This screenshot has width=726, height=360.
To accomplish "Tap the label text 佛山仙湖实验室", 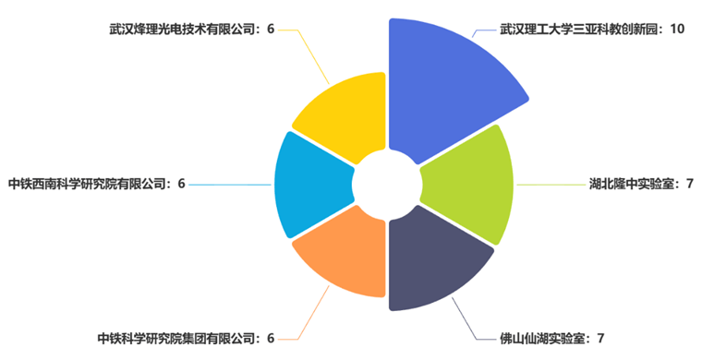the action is point(544,338).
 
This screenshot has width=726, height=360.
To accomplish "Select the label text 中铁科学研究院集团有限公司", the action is point(176,338).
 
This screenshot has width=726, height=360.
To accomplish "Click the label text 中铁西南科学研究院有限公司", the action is point(89,184).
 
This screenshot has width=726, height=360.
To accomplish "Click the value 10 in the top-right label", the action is point(677,30).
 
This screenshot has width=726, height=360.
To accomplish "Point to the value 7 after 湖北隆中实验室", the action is point(690,184).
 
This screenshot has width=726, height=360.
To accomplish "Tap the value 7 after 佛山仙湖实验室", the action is point(601,338).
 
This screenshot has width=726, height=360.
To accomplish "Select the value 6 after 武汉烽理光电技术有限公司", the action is point(271,30).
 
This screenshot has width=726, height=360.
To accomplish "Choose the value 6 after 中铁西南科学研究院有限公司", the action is point(182,184).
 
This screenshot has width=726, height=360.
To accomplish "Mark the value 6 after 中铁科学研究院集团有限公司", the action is point(271,338).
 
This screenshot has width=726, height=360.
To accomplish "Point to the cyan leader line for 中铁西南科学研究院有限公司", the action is point(231,185).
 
